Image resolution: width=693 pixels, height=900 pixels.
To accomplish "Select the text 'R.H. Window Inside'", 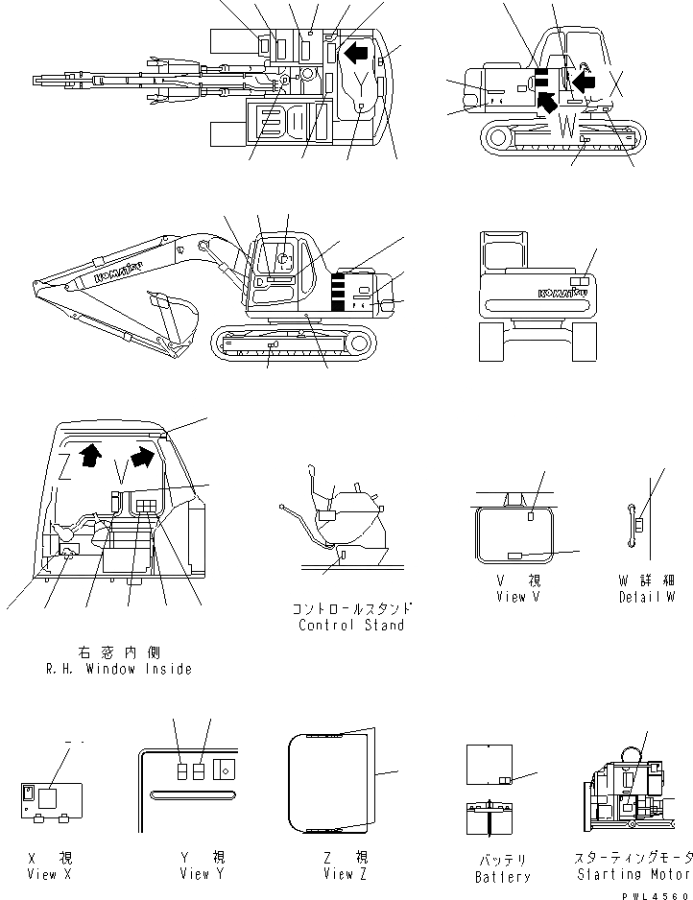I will coord(120,669).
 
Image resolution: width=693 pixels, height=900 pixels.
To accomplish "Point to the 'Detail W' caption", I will coord(647,597).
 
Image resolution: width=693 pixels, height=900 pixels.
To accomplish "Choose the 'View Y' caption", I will coord(203,874).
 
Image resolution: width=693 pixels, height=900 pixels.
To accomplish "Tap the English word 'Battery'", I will coord(502,877).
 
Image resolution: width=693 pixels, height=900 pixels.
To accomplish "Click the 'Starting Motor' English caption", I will coord(632,874).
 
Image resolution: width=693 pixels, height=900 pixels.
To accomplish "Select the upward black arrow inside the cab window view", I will coord(89,454).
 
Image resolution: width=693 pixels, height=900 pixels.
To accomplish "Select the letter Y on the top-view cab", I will coord(357,85).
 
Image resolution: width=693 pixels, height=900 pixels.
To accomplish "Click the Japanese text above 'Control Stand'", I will coord(352,608).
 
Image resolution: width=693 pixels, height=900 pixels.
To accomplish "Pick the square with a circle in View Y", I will coord(227,770).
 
